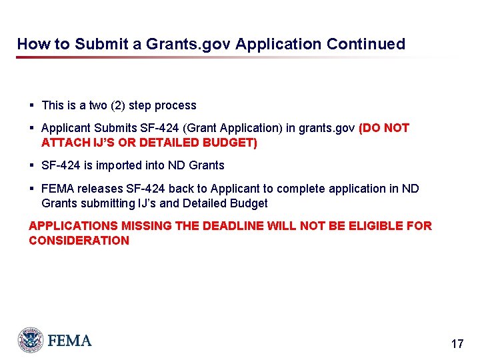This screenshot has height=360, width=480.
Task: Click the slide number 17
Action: click(457, 344)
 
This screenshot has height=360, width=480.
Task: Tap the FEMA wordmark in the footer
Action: click(69, 341)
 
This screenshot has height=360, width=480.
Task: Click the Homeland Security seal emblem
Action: click(31, 340)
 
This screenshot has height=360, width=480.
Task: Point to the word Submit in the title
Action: click(101, 44)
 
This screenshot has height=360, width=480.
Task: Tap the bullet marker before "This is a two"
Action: click(31, 105)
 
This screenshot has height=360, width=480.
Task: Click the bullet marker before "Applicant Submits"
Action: click(31, 128)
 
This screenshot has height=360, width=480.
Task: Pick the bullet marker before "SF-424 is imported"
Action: click(31, 165)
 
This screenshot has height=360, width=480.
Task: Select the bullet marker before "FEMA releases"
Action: click(31, 189)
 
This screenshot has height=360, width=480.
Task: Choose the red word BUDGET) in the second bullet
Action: click(233, 143)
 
